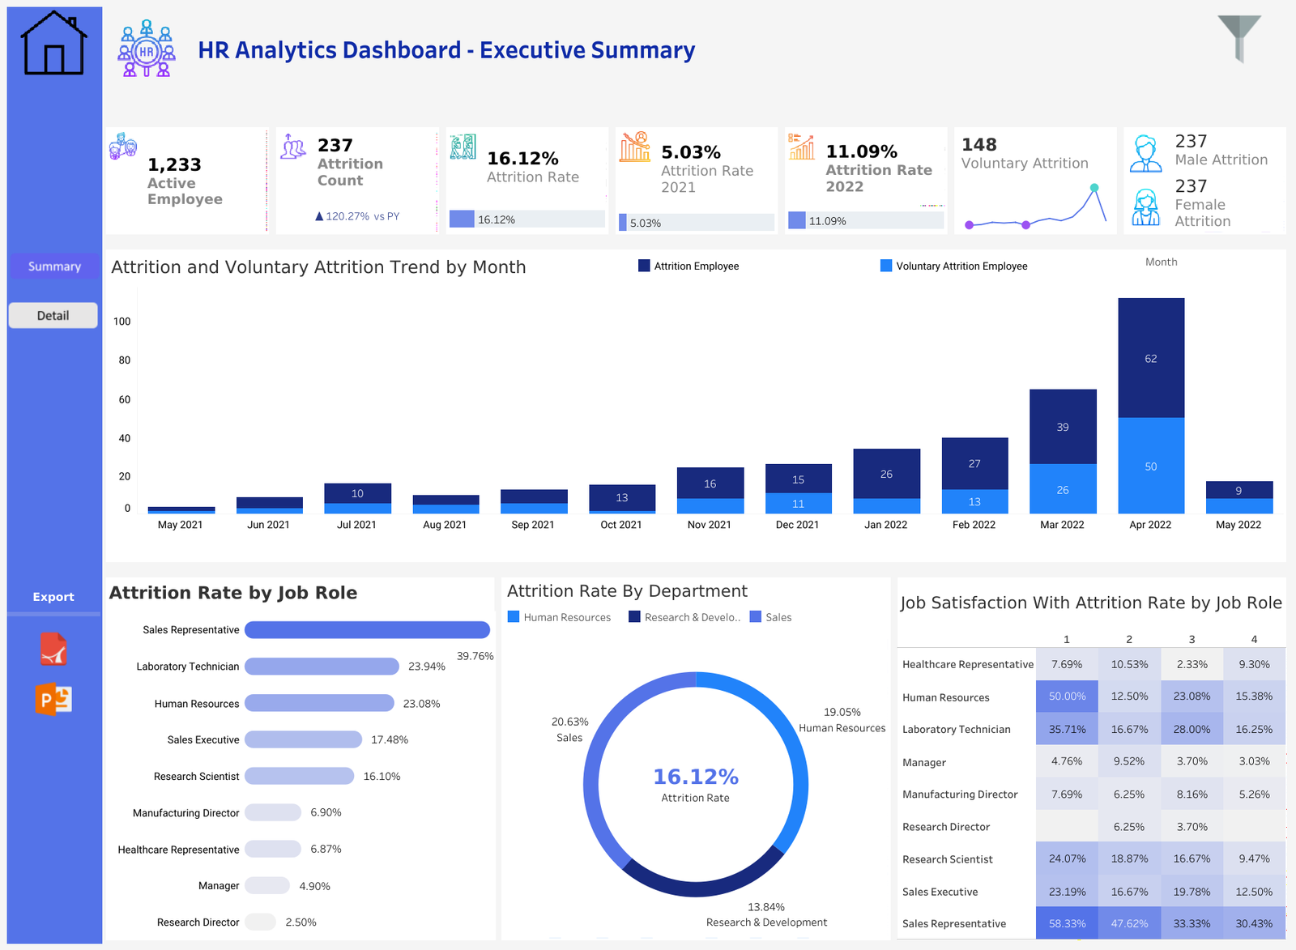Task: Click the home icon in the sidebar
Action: (x=54, y=44)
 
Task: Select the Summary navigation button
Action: (x=54, y=266)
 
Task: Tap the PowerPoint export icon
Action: (x=53, y=699)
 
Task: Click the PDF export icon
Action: (x=53, y=650)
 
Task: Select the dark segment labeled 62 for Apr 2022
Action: (x=1151, y=358)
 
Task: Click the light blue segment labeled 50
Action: (x=1151, y=466)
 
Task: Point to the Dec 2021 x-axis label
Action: (x=797, y=525)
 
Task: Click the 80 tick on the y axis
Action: (x=124, y=360)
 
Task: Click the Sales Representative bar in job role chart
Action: (x=367, y=630)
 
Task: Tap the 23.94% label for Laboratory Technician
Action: (x=426, y=667)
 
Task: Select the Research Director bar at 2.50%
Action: (x=261, y=922)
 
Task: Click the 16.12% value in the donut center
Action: (x=696, y=777)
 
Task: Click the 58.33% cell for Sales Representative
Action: (x=1067, y=923)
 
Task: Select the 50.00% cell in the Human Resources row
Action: (x=1067, y=697)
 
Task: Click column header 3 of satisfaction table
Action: (x=1192, y=639)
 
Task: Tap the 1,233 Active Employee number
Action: (x=174, y=164)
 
